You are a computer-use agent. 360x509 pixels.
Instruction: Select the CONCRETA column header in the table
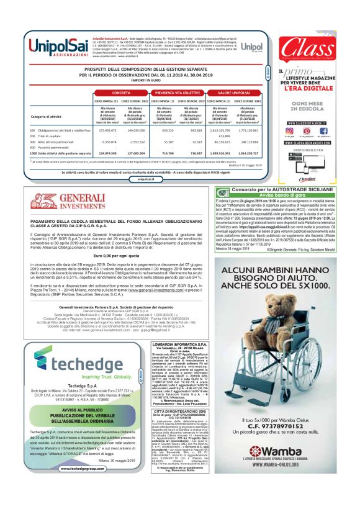click(x=121, y=92)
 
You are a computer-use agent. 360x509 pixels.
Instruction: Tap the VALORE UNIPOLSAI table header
click(x=233, y=92)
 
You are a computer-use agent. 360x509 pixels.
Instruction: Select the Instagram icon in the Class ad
click(x=290, y=130)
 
